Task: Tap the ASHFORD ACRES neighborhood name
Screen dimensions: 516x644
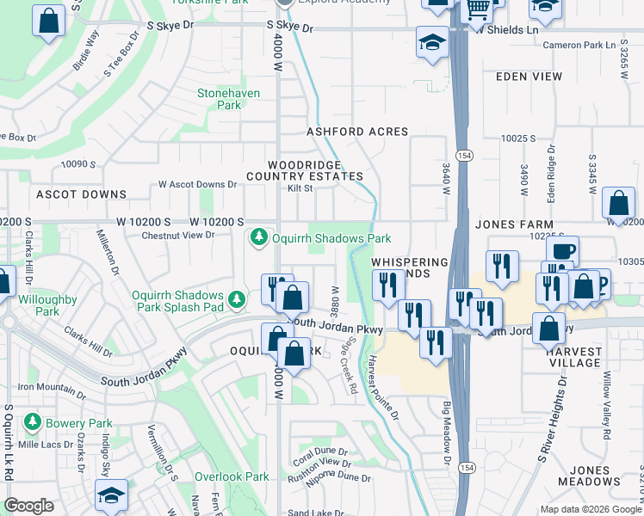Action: pos(358,132)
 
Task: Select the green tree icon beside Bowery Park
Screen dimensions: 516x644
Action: pos(33,423)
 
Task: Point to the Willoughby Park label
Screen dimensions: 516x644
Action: pos(47,305)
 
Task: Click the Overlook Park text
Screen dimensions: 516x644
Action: pos(232,476)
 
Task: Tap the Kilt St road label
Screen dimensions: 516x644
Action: pos(300,187)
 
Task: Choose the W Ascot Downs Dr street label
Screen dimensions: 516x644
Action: pos(197,184)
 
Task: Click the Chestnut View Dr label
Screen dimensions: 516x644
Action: pos(177,235)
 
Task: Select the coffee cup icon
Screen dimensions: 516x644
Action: pos(562,251)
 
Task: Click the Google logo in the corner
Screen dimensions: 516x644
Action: pos(29,505)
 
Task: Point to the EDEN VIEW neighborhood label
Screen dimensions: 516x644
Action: pos(529,77)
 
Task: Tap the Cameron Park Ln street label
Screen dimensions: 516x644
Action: pos(586,45)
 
